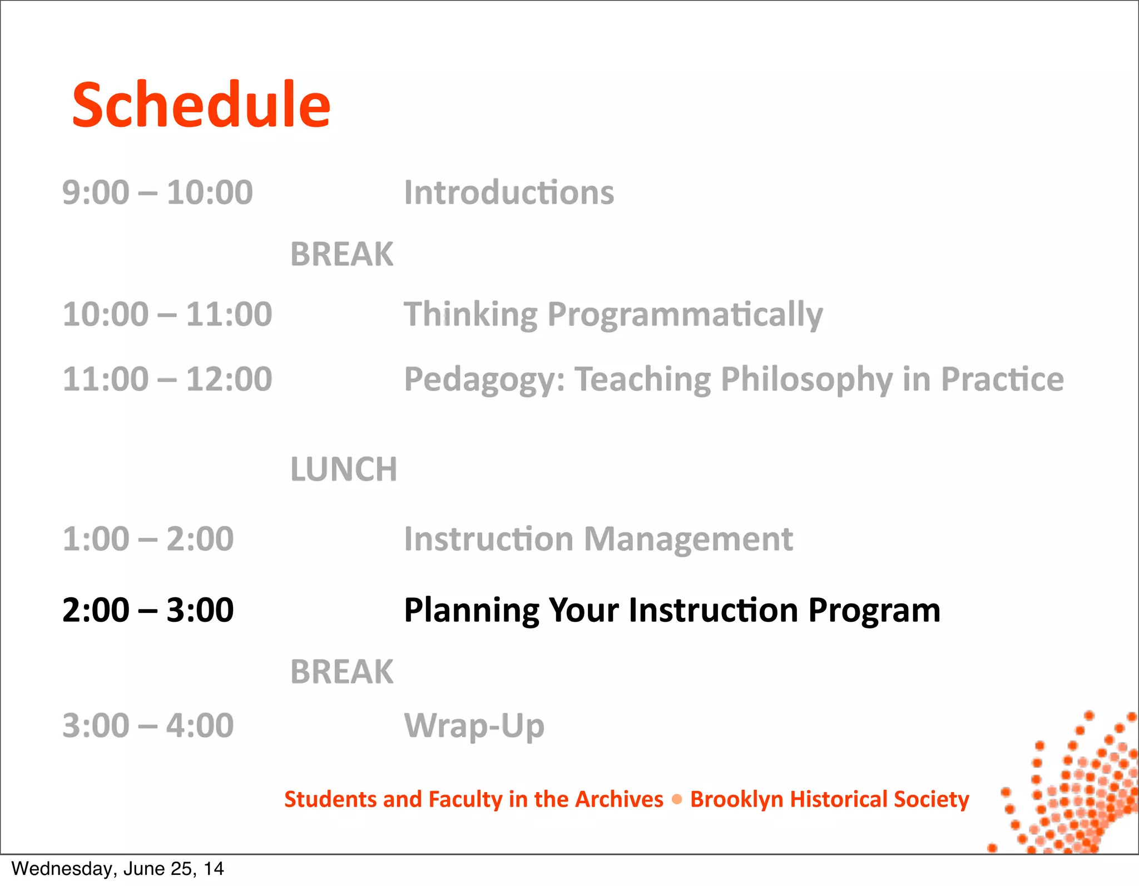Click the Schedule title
coord(201,105)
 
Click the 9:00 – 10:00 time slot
coord(157,192)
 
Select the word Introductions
coord(509,192)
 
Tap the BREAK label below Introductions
coord(341,254)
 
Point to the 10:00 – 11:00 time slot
coord(167,314)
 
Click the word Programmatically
coord(685,315)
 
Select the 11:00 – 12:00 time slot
coord(167,379)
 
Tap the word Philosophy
coord(806,380)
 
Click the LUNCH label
coord(344,469)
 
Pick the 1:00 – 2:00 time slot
coord(148,539)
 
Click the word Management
coord(688,539)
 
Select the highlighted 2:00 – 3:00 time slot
coord(148,610)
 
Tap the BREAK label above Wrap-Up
coord(341,671)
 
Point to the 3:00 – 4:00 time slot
coord(148,725)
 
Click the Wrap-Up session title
coord(474,726)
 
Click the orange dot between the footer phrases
coord(677,799)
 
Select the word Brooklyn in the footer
coord(736,799)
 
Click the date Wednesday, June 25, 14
coord(117,869)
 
